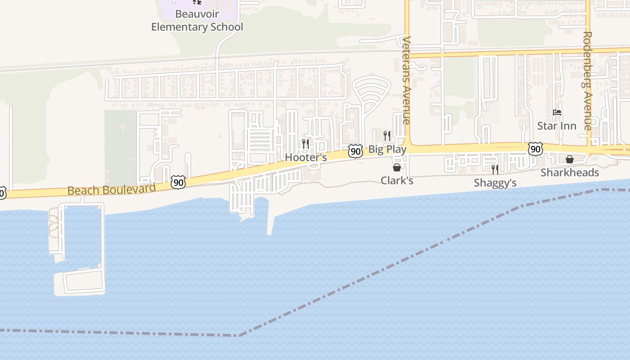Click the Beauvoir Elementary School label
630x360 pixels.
click(x=197, y=21)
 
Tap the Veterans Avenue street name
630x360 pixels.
click(x=406, y=80)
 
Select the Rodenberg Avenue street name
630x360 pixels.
click(x=587, y=81)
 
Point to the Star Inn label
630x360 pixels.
click(x=557, y=126)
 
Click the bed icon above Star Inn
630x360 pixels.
click(x=557, y=112)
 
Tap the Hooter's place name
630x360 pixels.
click(x=306, y=157)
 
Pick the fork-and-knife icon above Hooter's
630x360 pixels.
click(x=305, y=144)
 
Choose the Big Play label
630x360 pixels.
click(x=387, y=149)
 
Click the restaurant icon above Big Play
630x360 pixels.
click(x=387, y=135)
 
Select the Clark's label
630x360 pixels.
click(x=397, y=180)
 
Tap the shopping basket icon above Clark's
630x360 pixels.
click(x=397, y=167)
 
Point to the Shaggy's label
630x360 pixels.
click(x=495, y=183)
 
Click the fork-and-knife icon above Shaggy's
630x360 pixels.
click(x=495, y=170)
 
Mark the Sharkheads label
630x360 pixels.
click(x=570, y=172)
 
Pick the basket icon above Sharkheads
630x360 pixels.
click(x=570, y=159)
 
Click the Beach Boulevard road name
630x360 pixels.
click(x=112, y=189)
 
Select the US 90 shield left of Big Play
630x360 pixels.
click(x=355, y=151)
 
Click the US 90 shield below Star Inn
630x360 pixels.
click(x=535, y=149)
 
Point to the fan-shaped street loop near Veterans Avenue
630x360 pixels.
click(x=370, y=92)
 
